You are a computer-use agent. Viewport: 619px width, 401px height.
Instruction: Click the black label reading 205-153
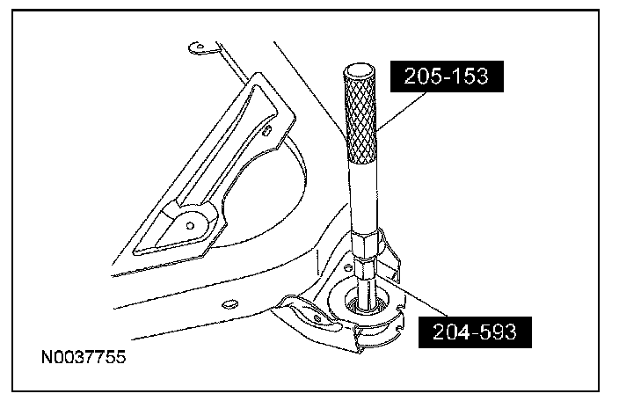pos(447,77)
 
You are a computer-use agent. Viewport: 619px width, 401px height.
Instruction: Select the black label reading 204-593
pos(475,332)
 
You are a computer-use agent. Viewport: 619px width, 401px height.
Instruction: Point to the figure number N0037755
pos(84,357)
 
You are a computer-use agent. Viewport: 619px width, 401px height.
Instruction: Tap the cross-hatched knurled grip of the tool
pos(360,119)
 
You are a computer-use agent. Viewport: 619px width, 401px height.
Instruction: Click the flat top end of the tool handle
pos(359,72)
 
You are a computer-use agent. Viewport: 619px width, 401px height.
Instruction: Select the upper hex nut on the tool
pos(367,245)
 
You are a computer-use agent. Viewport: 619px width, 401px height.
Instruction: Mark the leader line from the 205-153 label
pos(402,112)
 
